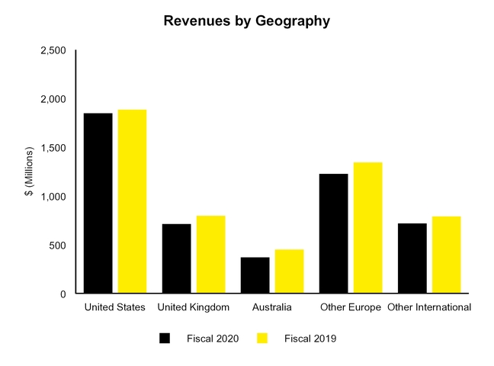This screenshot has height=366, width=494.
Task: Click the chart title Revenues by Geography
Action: click(x=247, y=21)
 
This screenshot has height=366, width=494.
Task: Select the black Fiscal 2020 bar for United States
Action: click(x=98, y=203)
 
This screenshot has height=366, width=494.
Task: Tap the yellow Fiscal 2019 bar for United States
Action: click(x=131, y=201)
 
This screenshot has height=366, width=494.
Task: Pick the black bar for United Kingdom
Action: click(x=176, y=258)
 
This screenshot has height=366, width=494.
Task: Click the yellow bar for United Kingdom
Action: click(x=210, y=255)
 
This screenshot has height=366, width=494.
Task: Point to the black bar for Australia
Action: click(x=255, y=275)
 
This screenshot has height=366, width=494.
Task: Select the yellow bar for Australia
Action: click(x=289, y=271)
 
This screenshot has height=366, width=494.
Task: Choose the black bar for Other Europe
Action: click(x=333, y=233)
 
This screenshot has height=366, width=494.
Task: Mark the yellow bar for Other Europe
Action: click(x=367, y=228)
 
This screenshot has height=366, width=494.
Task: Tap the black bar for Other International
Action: click(x=412, y=258)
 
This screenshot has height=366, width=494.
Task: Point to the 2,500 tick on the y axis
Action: click(x=53, y=50)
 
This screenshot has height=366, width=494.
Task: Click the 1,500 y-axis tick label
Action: click(x=53, y=148)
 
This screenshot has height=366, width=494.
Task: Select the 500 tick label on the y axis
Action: click(x=57, y=246)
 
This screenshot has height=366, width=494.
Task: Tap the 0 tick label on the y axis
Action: click(x=63, y=294)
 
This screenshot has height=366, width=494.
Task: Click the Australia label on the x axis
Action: click(x=271, y=307)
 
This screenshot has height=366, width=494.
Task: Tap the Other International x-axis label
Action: click(x=428, y=307)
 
